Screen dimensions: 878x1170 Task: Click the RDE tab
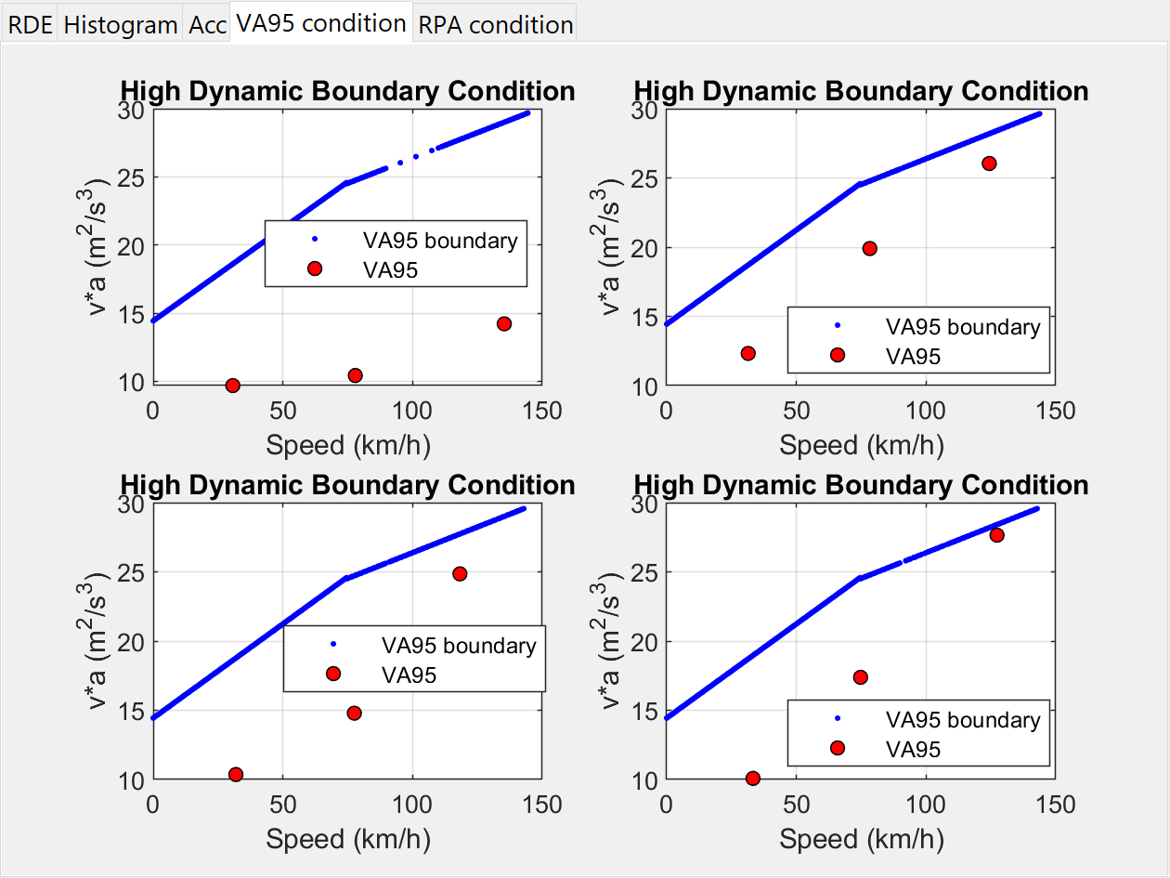(30, 25)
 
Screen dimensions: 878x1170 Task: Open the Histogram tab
(120, 25)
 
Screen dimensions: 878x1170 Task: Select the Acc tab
(207, 25)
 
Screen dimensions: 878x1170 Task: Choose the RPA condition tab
(495, 25)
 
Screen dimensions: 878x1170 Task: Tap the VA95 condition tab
(320, 23)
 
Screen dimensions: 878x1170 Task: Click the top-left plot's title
(347, 91)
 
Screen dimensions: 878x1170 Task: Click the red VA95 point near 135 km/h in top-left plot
(504, 323)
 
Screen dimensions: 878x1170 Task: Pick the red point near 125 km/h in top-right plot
(989, 164)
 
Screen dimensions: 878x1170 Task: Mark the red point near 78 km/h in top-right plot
(869, 248)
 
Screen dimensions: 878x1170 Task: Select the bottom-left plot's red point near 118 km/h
(460, 573)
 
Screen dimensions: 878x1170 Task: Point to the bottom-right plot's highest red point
(996, 534)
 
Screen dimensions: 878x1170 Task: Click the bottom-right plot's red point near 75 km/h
(860, 677)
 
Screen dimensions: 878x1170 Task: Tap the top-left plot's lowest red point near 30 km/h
(233, 386)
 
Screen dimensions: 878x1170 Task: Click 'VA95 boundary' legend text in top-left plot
(440, 241)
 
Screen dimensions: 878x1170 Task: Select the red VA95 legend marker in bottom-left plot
(333, 674)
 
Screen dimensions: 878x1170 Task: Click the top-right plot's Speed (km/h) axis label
(861, 445)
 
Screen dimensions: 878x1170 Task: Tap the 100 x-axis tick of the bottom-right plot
(925, 804)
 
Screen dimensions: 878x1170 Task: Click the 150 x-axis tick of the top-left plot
(542, 411)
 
